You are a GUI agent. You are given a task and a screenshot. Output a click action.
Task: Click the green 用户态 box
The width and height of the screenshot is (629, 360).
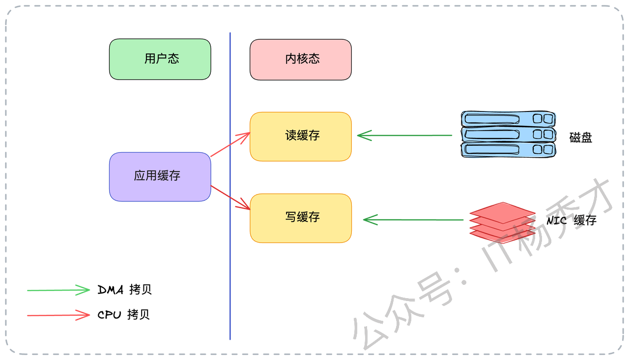(160, 59)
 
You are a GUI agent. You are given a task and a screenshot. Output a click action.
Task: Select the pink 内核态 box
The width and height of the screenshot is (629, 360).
(301, 59)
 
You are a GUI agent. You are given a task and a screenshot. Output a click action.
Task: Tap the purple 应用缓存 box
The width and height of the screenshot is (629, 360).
(160, 176)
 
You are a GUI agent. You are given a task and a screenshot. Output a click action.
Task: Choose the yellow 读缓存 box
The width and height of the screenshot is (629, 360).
(301, 136)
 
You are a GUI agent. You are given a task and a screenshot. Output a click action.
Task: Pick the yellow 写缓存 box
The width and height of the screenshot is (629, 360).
(301, 218)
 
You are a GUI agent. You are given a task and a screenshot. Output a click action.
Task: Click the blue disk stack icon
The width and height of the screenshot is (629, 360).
(508, 134)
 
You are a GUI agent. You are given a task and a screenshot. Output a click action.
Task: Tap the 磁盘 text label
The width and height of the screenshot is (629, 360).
(581, 138)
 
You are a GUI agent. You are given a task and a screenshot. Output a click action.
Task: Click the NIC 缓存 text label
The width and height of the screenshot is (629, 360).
(572, 220)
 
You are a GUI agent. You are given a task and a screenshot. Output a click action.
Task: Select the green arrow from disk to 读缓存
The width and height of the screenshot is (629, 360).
(404, 135)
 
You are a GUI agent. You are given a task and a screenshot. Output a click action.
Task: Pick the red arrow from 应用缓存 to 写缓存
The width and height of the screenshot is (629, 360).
(230, 197)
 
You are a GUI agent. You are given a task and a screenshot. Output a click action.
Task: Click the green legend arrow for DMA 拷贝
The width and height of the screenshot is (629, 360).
(58, 290)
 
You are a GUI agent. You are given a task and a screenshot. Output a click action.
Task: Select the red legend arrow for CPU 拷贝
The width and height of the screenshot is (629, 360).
(58, 315)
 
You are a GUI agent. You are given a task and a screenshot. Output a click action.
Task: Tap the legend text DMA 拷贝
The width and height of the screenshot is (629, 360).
(125, 290)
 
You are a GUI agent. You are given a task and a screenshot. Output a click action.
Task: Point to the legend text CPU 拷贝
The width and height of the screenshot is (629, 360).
(124, 315)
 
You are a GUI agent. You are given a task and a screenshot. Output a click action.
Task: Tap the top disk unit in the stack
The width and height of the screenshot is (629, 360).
(508, 119)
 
